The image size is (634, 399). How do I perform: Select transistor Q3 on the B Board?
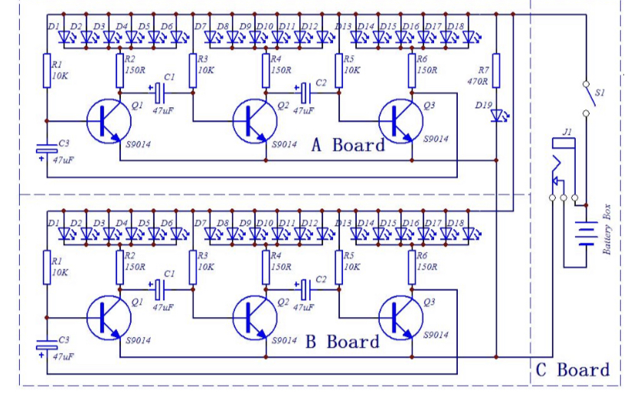click(x=398, y=316)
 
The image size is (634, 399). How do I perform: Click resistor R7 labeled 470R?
click(x=496, y=70)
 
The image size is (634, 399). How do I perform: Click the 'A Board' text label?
click(x=348, y=146)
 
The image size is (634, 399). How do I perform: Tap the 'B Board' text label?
click(x=342, y=342)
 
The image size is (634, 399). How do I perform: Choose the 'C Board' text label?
click(x=573, y=371)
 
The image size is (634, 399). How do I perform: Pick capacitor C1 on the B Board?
click(x=160, y=289)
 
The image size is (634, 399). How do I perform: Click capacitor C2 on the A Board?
click(x=305, y=93)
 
